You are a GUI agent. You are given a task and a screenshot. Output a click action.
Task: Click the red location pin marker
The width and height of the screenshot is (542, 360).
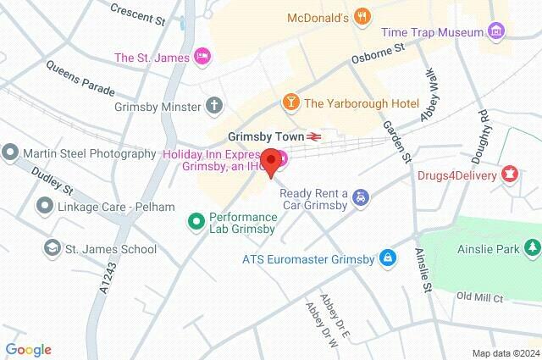pyautogui.click(x=271, y=161)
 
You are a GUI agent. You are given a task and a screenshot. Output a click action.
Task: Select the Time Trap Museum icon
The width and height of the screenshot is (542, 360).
pyautogui.click(x=496, y=32)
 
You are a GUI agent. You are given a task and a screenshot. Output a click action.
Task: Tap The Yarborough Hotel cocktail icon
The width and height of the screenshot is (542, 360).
pyautogui.click(x=290, y=103)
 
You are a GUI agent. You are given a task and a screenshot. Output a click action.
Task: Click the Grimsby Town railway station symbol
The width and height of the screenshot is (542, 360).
pyautogui.click(x=313, y=136)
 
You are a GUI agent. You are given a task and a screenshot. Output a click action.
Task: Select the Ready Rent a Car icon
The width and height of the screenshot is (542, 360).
pyautogui.click(x=362, y=197)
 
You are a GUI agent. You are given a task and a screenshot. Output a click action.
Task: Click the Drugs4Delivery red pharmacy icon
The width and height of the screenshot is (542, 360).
pyautogui.click(x=509, y=176)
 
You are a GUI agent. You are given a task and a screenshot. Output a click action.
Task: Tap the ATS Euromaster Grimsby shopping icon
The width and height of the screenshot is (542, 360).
pyautogui.click(x=388, y=257)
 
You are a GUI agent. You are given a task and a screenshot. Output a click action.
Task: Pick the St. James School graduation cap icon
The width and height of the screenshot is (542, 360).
pyautogui.click(x=53, y=248)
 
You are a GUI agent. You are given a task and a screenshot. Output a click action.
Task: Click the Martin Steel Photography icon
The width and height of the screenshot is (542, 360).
pyautogui.click(x=10, y=153)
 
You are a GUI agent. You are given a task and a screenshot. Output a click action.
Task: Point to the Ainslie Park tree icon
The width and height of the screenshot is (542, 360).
pyautogui.click(x=531, y=247)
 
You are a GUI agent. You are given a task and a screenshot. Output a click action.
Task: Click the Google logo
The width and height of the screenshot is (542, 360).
pyautogui.click(x=28, y=350)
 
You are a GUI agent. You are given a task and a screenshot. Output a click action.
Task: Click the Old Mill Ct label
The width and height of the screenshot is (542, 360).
pyautogui.click(x=479, y=297)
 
